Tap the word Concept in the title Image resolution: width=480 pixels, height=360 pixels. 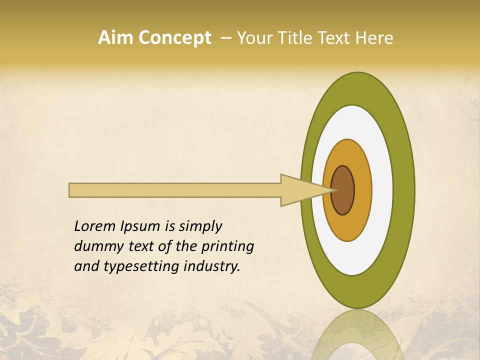pos(175,38)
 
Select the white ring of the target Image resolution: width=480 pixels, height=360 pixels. pos(382,190)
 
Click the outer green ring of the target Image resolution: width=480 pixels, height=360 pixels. pos(404,190)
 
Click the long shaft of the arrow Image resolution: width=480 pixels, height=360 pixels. pos(175,190)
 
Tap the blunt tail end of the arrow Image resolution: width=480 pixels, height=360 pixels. pos(70,190)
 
